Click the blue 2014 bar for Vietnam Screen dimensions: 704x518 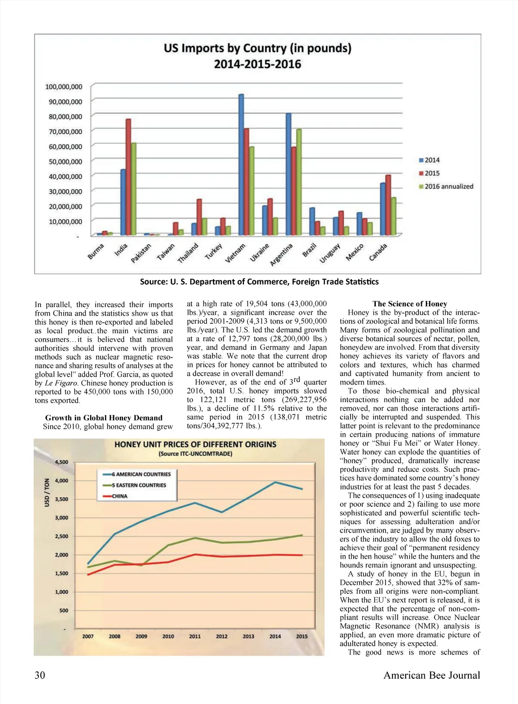(241, 164)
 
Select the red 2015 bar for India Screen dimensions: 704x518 (128, 177)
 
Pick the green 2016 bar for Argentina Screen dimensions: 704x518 (299, 182)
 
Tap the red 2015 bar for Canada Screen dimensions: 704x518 (388, 205)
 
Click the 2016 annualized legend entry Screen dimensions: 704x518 (448, 187)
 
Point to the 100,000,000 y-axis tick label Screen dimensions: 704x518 (64, 87)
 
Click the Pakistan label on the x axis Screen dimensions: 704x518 (141, 253)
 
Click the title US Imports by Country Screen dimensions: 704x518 (257, 49)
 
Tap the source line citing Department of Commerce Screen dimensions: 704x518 (259, 282)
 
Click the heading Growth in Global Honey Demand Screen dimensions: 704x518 (104, 418)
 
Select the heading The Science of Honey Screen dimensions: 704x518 (410, 304)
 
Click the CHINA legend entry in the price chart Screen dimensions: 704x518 (119, 496)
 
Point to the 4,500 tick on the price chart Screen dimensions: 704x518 (61, 462)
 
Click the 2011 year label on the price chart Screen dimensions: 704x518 (195, 636)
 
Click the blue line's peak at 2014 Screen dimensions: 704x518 (275, 482)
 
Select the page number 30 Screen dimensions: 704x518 (40, 675)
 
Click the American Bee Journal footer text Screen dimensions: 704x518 (431, 675)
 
